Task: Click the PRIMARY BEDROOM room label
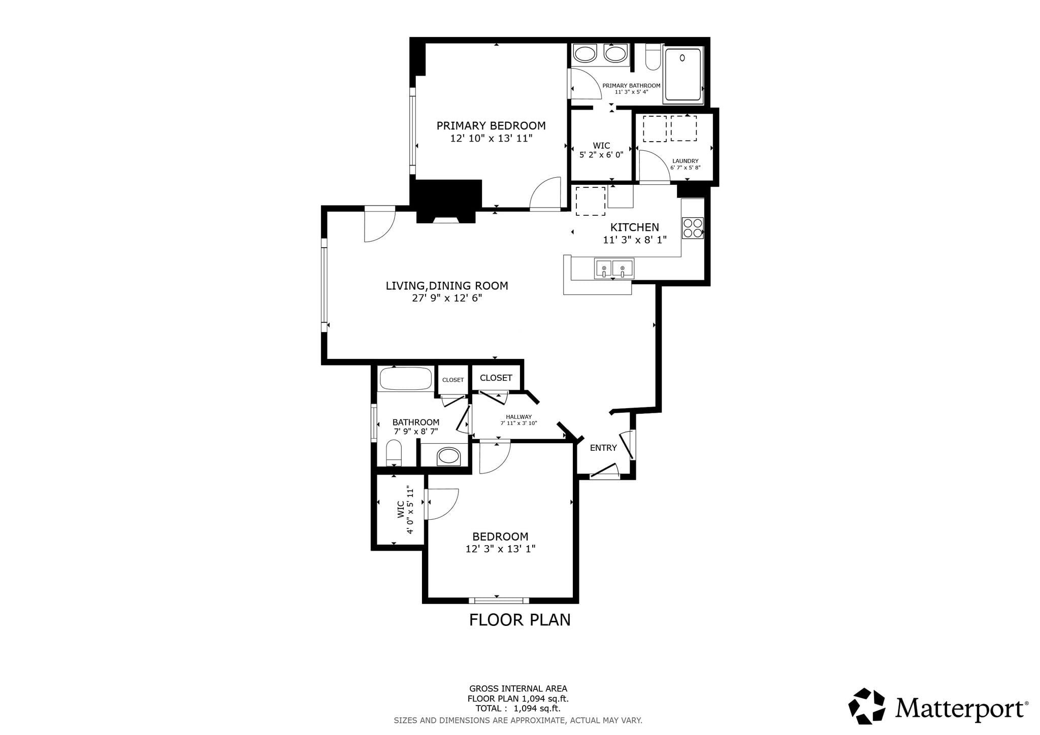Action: pyautogui.click(x=491, y=125)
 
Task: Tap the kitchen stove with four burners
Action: pyautogui.click(x=693, y=228)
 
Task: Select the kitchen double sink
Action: pyautogui.click(x=614, y=269)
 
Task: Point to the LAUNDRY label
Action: pyautogui.click(x=685, y=161)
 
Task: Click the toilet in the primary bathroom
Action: pyautogui.click(x=653, y=57)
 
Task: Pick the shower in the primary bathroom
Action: pyautogui.click(x=683, y=75)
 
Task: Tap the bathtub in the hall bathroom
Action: pyautogui.click(x=406, y=379)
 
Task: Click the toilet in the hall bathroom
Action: pyautogui.click(x=394, y=453)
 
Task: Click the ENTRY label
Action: pyautogui.click(x=603, y=448)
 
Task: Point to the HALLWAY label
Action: pyautogui.click(x=518, y=417)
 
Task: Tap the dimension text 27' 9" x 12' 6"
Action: pyautogui.click(x=447, y=298)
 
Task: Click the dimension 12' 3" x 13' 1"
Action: pyautogui.click(x=500, y=549)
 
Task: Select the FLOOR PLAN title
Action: pyautogui.click(x=519, y=620)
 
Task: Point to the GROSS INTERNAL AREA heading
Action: pyautogui.click(x=518, y=689)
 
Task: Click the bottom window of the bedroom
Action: pyautogui.click(x=498, y=600)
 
